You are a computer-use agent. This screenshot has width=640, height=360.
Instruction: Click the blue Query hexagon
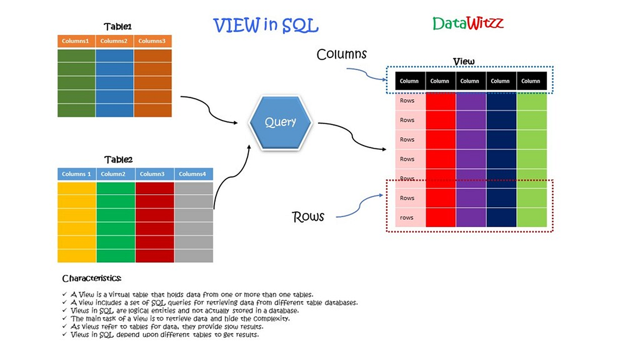coord(281,122)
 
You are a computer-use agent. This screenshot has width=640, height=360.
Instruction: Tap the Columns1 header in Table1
coord(77,41)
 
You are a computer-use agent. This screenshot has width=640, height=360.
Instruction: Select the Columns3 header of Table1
coord(153,41)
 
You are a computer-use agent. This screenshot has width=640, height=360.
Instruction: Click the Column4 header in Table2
coord(193,174)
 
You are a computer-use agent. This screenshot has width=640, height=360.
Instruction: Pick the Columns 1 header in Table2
coord(77,174)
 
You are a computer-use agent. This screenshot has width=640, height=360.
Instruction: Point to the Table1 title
coord(118,27)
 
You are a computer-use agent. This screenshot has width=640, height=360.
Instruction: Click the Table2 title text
coord(118,159)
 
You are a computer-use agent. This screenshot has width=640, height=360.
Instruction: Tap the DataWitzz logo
coord(468,23)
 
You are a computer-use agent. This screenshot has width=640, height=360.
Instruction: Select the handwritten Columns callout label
coord(341,54)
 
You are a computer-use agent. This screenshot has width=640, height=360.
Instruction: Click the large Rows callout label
coord(308,217)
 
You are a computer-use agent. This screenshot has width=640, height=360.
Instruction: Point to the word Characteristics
coord(92,278)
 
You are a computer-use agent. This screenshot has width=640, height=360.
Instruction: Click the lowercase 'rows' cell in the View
coord(407,218)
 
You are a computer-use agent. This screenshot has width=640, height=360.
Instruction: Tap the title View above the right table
coord(463,62)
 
